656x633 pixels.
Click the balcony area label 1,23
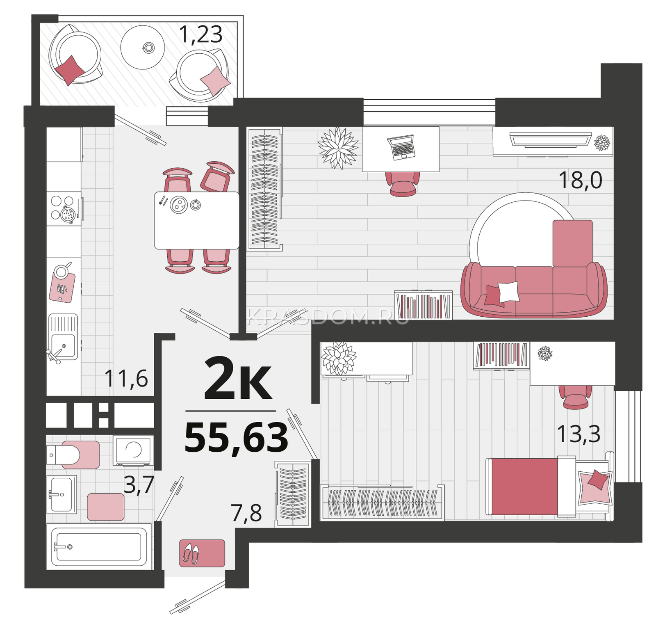[201, 34]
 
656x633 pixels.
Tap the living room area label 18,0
[581, 180]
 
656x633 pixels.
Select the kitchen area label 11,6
[126, 378]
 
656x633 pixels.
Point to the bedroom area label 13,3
[579, 434]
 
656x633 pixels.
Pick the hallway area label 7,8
[246, 513]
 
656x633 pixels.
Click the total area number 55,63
[237, 438]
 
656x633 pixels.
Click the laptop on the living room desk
[401, 147]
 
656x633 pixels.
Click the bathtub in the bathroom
[98, 546]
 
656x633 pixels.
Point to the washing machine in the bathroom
[133, 450]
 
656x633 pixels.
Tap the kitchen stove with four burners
[64, 208]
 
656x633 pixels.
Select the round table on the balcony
[143, 48]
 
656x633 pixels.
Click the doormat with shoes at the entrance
[202, 553]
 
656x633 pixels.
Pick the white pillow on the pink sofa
[508, 291]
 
